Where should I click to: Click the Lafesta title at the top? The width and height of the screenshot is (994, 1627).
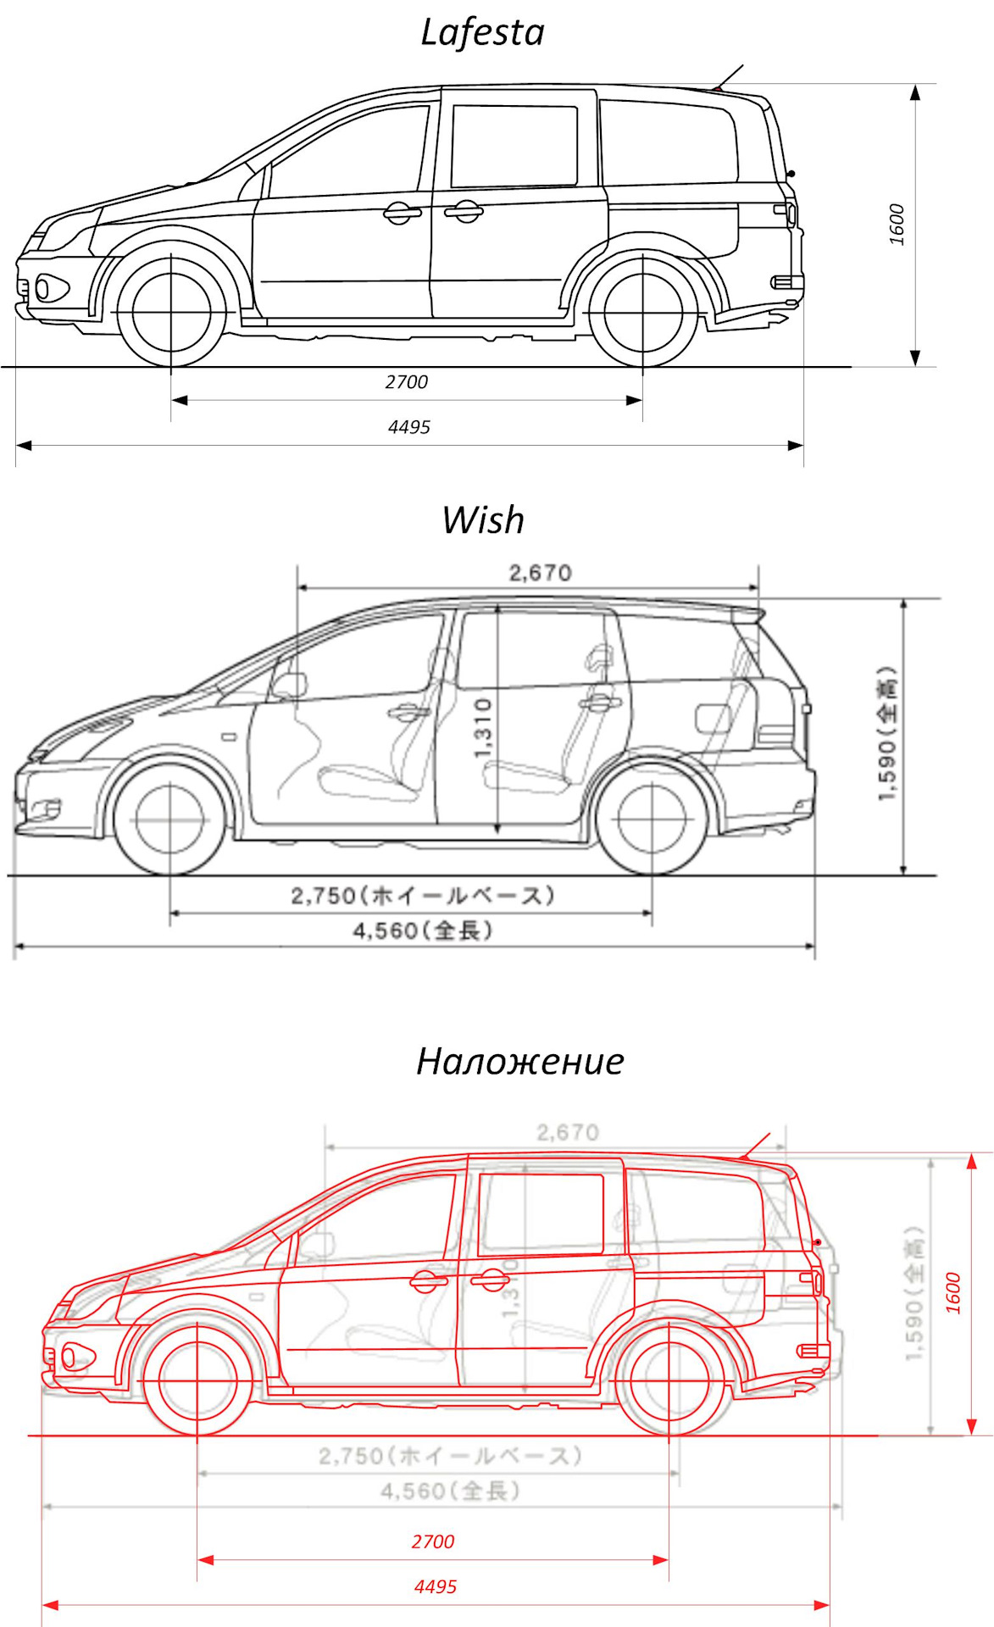point(482,33)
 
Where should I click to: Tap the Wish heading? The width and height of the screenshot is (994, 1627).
point(483,520)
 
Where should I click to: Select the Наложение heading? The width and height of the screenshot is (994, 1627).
point(519,1061)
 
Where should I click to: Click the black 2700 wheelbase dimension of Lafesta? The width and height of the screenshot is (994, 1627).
point(407,382)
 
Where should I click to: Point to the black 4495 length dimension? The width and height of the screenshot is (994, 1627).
point(409,427)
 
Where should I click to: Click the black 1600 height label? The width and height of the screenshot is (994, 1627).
point(897,225)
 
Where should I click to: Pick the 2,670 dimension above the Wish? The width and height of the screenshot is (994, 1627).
point(540,573)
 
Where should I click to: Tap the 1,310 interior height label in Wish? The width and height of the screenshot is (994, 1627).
point(483,729)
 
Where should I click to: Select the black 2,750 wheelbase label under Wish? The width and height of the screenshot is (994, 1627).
point(422,896)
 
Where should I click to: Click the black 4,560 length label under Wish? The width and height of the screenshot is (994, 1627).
point(422,930)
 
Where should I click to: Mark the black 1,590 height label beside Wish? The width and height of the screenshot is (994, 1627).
point(887,734)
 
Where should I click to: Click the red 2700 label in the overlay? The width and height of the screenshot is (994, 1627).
point(433,1541)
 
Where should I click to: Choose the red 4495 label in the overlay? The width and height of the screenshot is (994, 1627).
point(436,1586)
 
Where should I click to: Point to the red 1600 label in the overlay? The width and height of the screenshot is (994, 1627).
point(953,1293)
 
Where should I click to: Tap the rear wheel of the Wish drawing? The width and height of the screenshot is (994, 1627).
point(652,819)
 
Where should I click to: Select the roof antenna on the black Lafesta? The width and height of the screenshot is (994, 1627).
point(729,76)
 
